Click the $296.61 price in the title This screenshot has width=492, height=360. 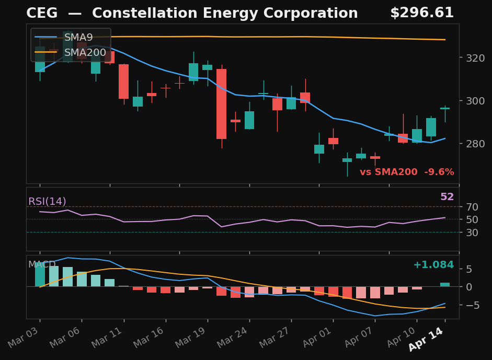[421, 14]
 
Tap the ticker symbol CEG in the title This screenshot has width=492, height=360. [42, 14]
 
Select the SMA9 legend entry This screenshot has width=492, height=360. [78, 38]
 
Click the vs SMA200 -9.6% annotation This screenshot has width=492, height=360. [407, 172]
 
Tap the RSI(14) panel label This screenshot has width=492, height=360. [47, 202]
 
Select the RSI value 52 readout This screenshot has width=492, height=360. [447, 198]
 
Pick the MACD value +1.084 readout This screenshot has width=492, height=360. [433, 265]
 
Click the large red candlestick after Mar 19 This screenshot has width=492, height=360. [222, 104]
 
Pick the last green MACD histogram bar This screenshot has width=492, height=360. [445, 285]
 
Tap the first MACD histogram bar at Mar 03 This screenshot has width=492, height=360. [40, 275]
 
